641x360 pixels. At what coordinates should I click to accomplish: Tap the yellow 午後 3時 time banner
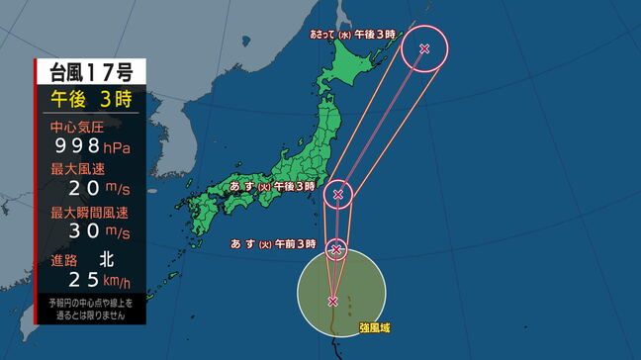[x=91, y=99]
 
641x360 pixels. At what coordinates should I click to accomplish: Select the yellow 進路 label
[x=64, y=260]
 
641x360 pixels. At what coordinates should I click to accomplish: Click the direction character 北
[x=107, y=260]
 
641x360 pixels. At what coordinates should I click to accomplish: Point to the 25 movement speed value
[x=86, y=281]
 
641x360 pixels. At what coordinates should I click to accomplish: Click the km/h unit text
[x=124, y=284]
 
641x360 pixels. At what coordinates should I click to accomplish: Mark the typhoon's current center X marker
[x=333, y=301]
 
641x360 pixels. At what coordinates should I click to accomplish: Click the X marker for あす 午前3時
[x=336, y=248]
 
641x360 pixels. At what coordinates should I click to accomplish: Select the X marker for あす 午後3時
[x=338, y=194]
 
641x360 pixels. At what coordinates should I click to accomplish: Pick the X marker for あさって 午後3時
[x=424, y=48]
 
